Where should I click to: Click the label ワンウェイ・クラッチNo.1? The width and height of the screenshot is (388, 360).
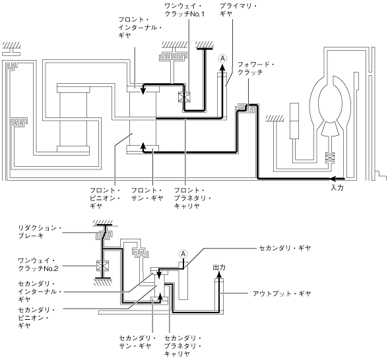point(185,10)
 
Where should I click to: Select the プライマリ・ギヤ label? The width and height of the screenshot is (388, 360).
point(238,10)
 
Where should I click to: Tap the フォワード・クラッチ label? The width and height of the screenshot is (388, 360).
point(256,69)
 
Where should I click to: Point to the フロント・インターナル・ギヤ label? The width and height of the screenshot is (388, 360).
point(140,27)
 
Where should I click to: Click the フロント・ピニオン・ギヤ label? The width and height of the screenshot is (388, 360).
point(105,198)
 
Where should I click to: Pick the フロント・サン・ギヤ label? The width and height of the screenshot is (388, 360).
point(147,195)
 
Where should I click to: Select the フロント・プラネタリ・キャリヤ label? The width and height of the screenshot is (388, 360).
point(193,198)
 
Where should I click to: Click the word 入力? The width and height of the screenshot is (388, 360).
point(337,188)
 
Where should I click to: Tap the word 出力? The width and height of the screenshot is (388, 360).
point(219,268)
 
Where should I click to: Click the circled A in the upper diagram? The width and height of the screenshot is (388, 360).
point(222,59)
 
